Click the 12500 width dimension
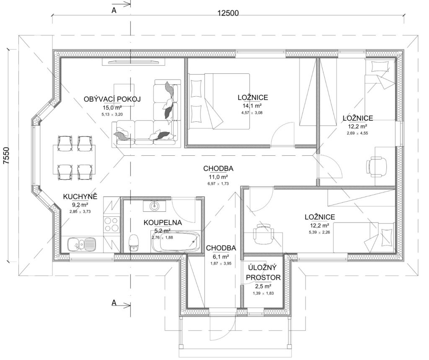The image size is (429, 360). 228,13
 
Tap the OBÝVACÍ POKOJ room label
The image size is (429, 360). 112,99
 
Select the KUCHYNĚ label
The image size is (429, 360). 80,197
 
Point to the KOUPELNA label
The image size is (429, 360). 163,223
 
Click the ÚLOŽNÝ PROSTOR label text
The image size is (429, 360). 263,272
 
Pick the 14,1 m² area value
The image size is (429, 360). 252,106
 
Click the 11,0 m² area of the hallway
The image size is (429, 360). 218,177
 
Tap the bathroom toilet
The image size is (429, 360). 134,242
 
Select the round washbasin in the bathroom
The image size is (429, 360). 155,206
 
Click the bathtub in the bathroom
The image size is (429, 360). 176,242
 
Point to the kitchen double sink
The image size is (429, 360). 82,243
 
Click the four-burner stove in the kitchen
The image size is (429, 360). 111,224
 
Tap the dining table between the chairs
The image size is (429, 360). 74,159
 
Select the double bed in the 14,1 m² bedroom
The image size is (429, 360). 218,101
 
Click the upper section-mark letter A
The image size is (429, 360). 114,10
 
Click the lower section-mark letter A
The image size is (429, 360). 114,303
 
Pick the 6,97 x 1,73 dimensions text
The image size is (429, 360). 218,184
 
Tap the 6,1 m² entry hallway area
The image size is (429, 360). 220,257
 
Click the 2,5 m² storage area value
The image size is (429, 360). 263,286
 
